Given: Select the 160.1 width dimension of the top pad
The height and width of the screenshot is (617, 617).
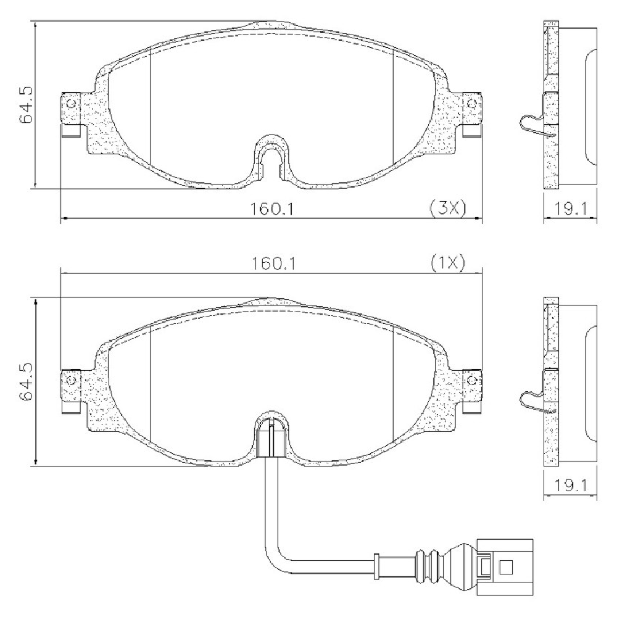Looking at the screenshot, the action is [272, 209].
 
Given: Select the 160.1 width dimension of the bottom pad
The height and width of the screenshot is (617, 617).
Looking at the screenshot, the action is [273, 263].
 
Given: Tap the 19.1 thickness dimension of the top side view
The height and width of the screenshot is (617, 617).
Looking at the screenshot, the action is [570, 209].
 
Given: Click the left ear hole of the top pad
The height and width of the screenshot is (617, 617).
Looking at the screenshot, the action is [71, 104].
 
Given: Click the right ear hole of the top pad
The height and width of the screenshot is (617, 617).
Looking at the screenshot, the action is [472, 104].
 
